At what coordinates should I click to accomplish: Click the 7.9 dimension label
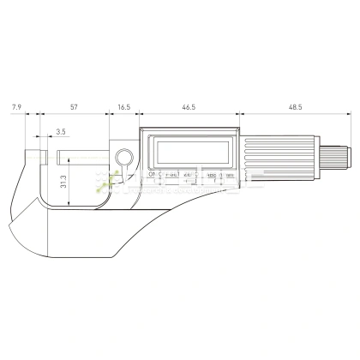[x=17, y=107]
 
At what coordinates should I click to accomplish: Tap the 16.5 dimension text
[x=123, y=107]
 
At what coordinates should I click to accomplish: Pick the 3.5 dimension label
[x=60, y=131]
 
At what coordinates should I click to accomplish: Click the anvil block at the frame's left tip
[x=35, y=158]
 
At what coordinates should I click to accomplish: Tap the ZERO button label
[x=193, y=174]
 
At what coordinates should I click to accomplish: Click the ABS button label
[x=213, y=175]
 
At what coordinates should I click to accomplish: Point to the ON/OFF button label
[x=154, y=174]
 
